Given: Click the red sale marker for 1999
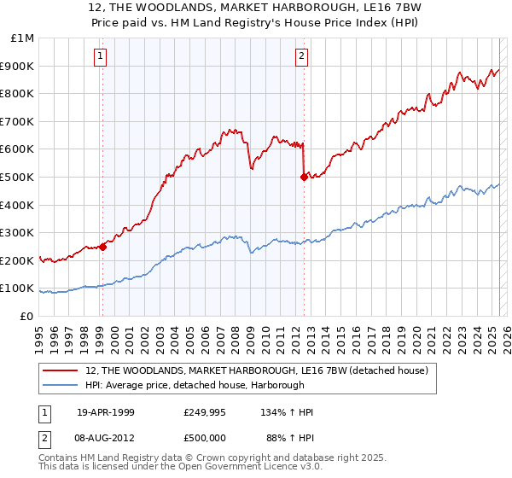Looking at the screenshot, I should [102, 247].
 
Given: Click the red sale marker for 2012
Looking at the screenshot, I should [303, 178].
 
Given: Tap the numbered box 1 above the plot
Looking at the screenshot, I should [101, 57].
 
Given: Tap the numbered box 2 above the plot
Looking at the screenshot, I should [302, 57].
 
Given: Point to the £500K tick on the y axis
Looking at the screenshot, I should [17, 177].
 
